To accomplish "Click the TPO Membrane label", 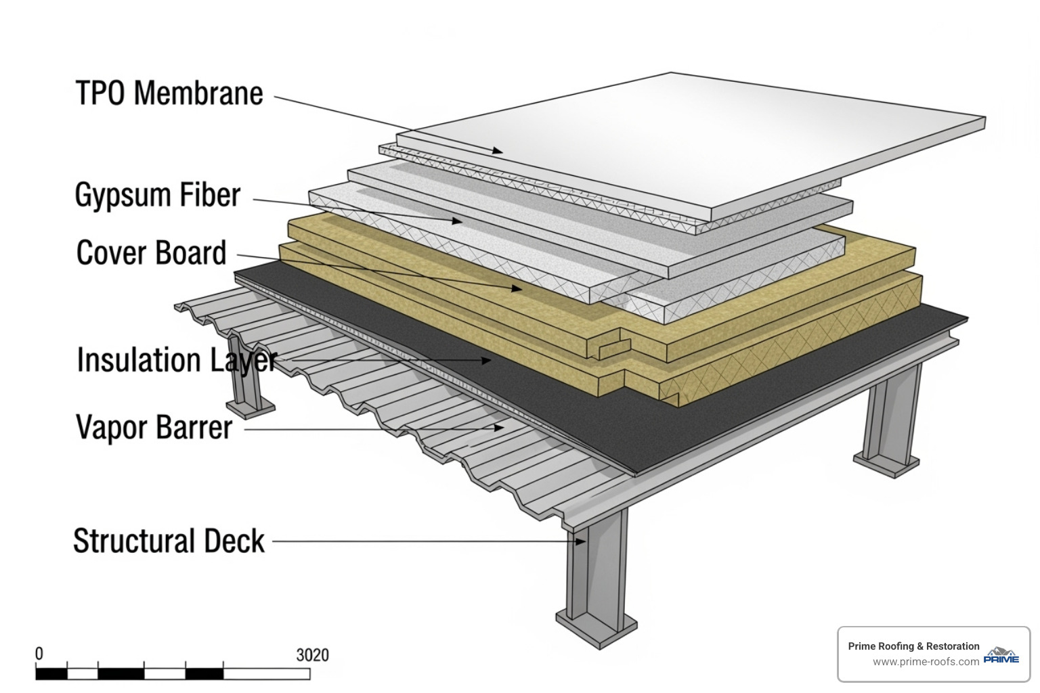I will (169, 93).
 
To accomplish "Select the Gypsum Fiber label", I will (157, 195).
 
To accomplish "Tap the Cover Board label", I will (151, 253).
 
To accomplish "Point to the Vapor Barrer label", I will (154, 428).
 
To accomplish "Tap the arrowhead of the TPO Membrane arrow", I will (498, 151).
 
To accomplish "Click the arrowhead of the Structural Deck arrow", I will (580, 541).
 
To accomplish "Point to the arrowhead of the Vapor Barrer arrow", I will (500, 427).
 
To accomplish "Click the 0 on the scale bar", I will (39, 654).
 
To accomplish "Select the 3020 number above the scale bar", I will (312, 655).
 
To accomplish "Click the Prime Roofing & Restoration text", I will (913, 646).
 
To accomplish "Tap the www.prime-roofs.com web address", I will (926, 662).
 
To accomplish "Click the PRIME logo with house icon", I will (1001, 655).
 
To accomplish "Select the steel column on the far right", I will (892, 420).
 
